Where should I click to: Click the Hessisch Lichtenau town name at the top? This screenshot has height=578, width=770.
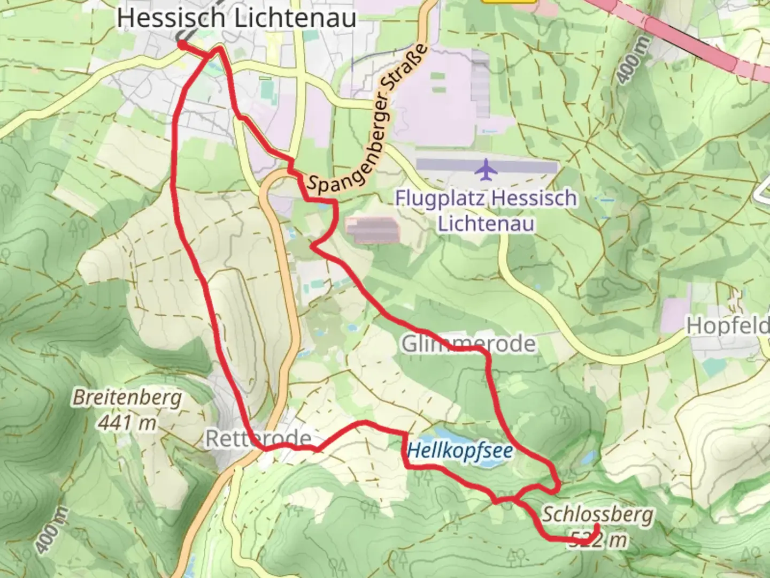[236, 18]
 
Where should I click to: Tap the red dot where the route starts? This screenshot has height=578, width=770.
[182, 45]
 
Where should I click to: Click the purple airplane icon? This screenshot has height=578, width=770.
[487, 170]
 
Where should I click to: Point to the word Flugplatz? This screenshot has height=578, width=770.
[441, 199]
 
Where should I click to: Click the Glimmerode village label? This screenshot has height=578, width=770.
[468, 344]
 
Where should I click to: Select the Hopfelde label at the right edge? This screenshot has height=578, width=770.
[728, 325]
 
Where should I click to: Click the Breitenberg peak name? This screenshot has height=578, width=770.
[127, 398]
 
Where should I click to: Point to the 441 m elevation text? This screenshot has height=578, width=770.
[127, 422]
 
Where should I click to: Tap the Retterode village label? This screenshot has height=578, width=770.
[258, 438]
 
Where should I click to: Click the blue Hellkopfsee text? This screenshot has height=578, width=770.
[460, 451]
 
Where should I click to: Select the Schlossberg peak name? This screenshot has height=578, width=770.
[597, 514]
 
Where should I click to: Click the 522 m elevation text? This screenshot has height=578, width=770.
[597, 539]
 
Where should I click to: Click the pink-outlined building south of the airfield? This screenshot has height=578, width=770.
[373, 230]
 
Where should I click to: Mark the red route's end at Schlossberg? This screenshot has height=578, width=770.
[596, 527]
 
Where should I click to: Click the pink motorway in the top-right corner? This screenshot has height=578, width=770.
[695, 37]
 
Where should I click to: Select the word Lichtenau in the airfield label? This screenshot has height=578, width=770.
[486, 223]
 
